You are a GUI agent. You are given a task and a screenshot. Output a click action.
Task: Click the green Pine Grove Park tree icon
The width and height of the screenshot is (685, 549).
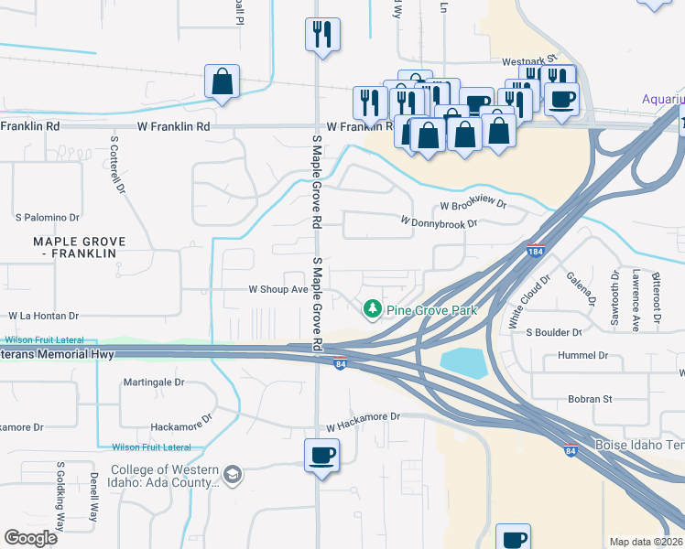tap(372, 309)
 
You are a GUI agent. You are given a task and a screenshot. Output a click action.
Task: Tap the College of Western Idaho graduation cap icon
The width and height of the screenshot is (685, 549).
tap(233, 474)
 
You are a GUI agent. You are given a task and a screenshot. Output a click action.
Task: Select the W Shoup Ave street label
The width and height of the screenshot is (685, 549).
tap(278, 289)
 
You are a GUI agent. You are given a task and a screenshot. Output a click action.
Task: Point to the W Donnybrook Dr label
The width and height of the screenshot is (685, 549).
tap(440, 222)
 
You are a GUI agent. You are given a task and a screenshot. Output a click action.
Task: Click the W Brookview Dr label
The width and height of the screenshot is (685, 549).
tap(473, 206)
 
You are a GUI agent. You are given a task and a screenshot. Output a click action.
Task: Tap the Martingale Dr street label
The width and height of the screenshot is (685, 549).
tap(154, 382)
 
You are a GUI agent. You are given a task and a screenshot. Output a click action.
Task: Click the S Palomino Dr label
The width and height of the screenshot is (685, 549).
tap(48, 218)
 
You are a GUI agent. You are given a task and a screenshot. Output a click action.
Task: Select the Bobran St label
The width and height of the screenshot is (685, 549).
tap(589, 399)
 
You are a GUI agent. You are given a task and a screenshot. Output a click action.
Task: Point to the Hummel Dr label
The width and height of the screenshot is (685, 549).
tap(590, 355)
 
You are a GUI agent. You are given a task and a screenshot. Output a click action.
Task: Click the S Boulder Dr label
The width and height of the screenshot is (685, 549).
tap(554, 332)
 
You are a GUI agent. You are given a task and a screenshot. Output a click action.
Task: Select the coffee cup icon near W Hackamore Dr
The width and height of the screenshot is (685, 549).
tap(321, 455)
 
